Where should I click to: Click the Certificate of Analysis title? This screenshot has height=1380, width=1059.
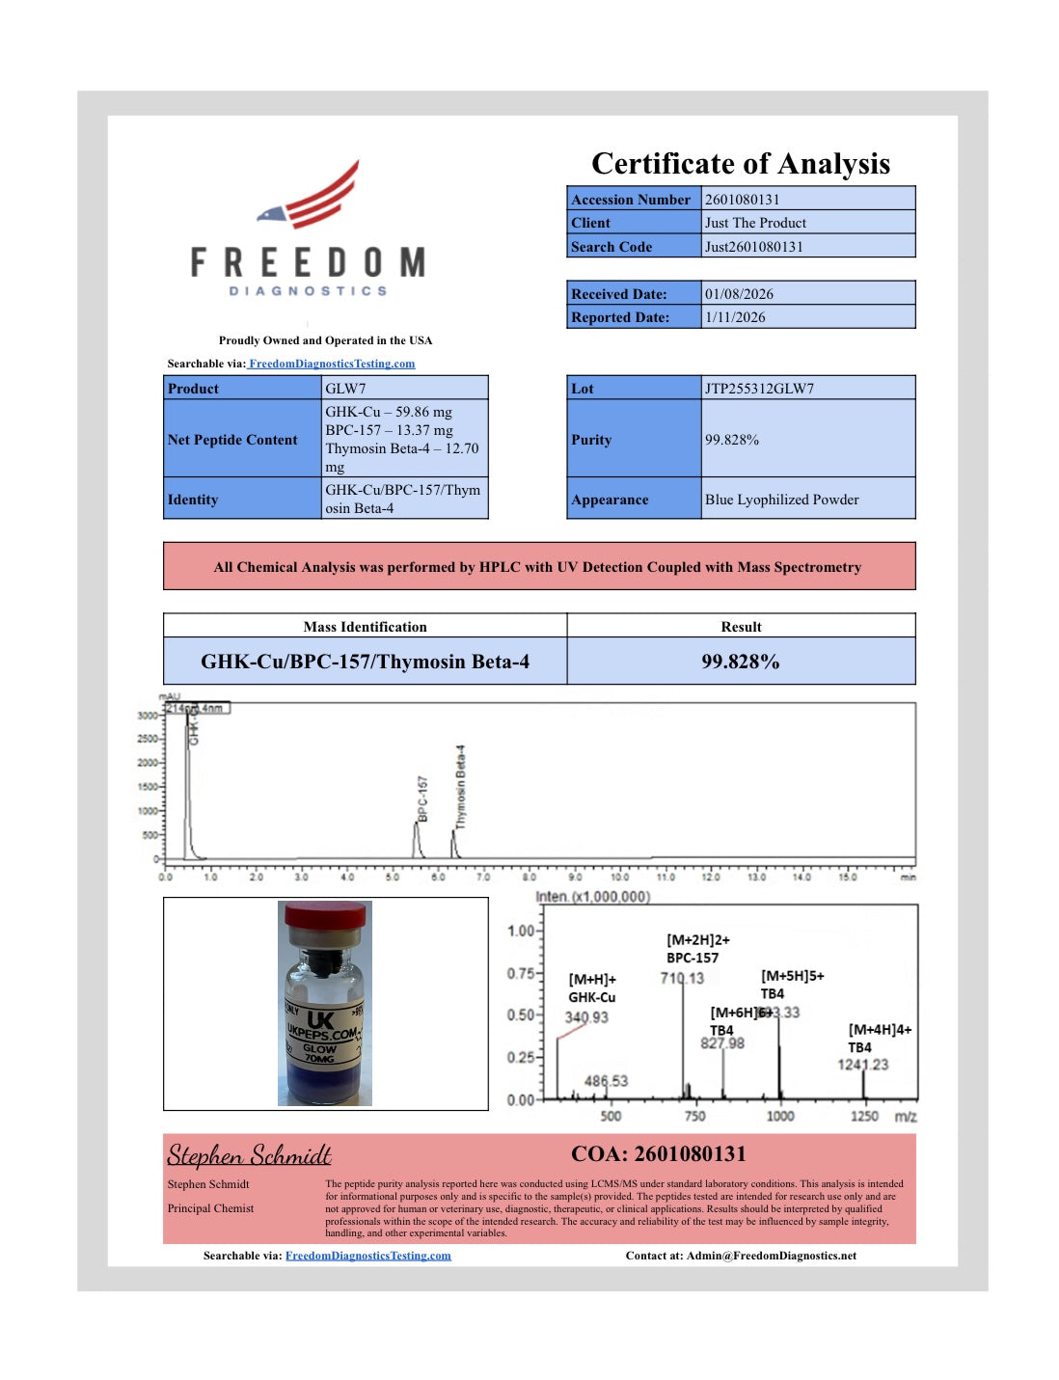pos(740,164)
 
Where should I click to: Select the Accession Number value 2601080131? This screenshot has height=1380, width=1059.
pos(742,200)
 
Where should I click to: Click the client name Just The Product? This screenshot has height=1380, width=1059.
pos(755,223)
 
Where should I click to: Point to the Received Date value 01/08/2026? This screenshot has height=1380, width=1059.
pos(739,294)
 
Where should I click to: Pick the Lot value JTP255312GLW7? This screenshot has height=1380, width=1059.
pos(759,389)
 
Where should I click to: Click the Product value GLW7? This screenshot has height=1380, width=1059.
pos(345,389)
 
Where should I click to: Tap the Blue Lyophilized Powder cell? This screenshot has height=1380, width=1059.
pos(781,500)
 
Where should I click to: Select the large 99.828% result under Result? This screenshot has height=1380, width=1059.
pos(740,662)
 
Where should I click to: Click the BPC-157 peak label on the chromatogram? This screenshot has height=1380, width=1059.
pos(422,798)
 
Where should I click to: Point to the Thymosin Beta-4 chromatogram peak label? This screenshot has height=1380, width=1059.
pos(460,786)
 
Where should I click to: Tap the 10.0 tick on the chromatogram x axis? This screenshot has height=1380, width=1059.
pos(619,877)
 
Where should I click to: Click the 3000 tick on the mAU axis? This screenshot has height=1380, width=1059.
pos(147,716)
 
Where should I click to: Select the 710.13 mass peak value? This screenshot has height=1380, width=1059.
pos(682,978)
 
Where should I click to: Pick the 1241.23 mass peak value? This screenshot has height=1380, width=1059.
pos(862,1065)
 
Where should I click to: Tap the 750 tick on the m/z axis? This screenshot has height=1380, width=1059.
pos(694,1116)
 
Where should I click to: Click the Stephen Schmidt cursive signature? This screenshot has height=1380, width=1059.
pos(249,1154)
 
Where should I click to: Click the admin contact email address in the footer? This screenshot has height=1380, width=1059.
pos(772,1256)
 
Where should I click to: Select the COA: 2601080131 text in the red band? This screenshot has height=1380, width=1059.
pos(658,1154)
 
